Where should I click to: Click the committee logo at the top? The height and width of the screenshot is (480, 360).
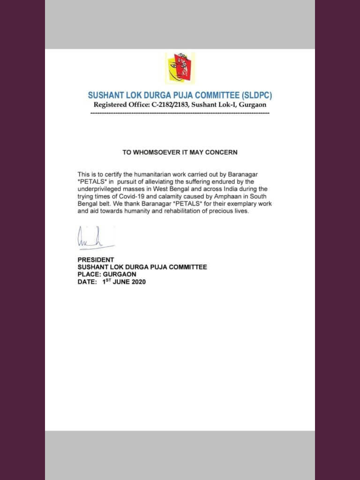coord(180,68)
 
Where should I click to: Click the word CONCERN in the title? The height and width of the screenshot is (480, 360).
coord(221,152)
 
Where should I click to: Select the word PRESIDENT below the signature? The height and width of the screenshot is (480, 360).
coord(96,260)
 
